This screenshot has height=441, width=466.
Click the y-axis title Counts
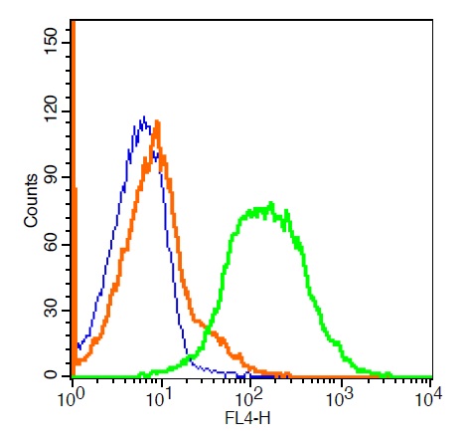(31, 200)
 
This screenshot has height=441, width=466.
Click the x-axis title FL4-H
(247, 418)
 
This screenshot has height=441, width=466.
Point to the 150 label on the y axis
(51, 41)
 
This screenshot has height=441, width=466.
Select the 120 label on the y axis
(51, 110)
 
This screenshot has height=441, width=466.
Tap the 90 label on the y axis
(51, 177)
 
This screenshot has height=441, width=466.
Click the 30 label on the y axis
(51, 310)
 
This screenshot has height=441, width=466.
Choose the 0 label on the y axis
(51, 375)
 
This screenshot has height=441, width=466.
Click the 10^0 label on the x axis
(72, 397)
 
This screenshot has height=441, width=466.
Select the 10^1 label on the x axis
(160, 397)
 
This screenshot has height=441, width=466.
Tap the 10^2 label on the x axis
(249, 397)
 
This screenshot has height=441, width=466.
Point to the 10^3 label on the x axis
(340, 397)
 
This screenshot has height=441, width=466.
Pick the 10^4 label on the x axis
(429, 397)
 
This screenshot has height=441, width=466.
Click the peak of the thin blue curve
(144, 116)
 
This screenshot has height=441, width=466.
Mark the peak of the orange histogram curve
(157, 121)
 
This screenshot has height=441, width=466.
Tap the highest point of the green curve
(271, 202)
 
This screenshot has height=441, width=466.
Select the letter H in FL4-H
(265, 418)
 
